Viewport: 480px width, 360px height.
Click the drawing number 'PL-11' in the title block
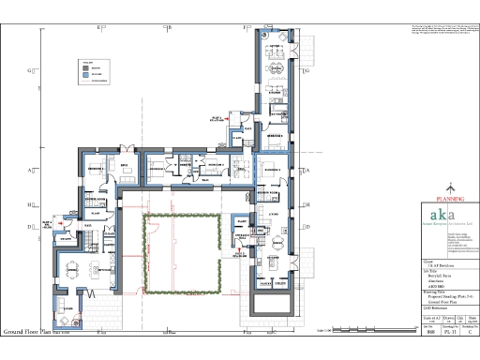(x=448, y=332)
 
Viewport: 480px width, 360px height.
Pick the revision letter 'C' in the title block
(x=469, y=332)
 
